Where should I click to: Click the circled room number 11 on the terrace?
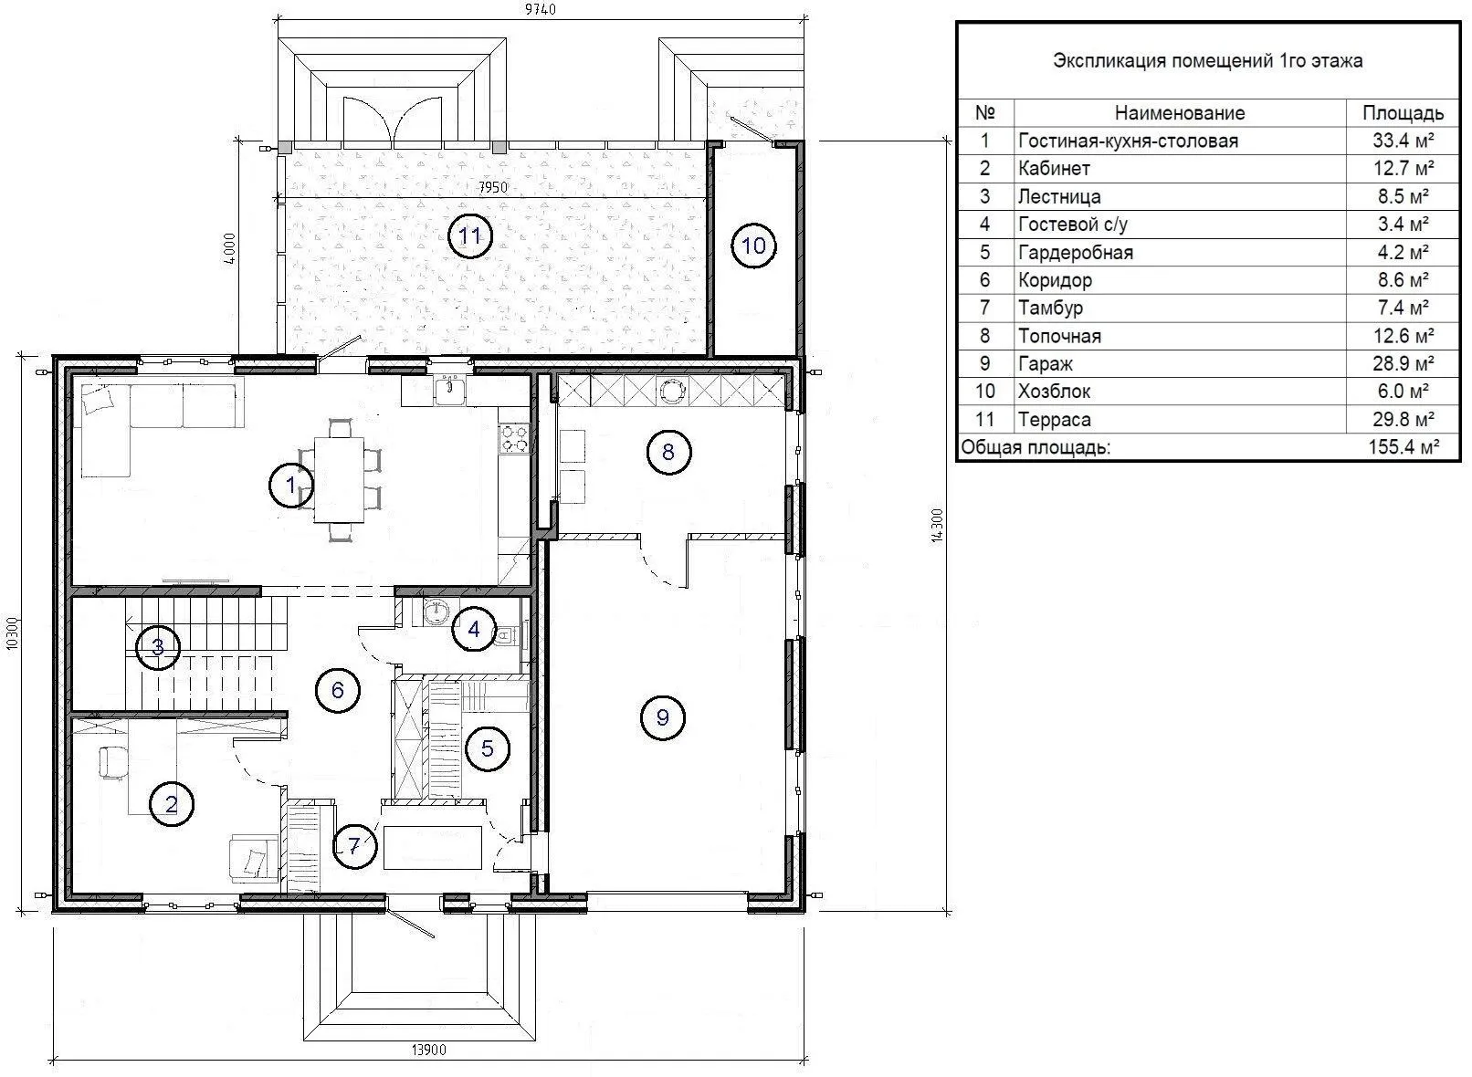(470, 235)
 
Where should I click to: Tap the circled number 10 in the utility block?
(753, 246)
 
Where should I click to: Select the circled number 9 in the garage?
(662, 717)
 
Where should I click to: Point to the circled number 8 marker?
(668, 452)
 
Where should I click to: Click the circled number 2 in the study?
(172, 804)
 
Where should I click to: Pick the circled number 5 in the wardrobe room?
(487, 748)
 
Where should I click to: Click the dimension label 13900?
(428, 1050)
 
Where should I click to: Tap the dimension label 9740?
(541, 8)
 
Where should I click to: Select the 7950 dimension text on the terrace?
(493, 188)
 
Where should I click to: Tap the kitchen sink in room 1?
(450, 390)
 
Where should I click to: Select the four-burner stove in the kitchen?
(514, 439)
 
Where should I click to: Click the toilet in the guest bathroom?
(507, 635)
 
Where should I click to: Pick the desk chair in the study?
(113, 762)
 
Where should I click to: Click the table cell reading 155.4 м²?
(1404, 448)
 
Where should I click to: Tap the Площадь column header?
(1403, 113)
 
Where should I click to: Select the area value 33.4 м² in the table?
(1404, 141)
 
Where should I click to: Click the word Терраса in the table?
(1055, 420)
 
